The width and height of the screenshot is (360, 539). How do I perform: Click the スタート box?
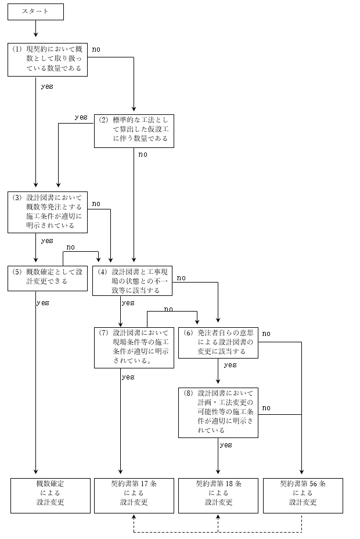(x=35, y=11)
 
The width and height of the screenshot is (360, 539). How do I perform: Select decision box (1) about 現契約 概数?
(x=48, y=59)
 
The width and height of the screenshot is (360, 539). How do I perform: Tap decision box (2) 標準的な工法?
(x=134, y=131)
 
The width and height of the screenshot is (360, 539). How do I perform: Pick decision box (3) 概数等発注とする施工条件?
(x=48, y=212)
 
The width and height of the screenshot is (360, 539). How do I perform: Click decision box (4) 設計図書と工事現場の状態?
(x=134, y=280)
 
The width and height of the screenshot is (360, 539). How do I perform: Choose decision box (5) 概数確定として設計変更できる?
(x=48, y=277)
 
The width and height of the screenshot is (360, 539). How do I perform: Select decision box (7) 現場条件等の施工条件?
(x=134, y=347)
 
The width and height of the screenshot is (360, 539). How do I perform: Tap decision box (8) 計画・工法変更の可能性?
(x=218, y=412)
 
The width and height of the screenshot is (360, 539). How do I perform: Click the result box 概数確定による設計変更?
(x=51, y=495)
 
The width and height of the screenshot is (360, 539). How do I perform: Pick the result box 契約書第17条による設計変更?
(x=134, y=495)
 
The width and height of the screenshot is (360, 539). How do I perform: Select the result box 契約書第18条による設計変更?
(x=218, y=495)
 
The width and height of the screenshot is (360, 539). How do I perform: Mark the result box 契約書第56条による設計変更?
(x=303, y=495)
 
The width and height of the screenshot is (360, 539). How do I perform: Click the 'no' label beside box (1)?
(x=96, y=49)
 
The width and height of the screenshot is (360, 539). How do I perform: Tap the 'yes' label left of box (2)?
(x=81, y=117)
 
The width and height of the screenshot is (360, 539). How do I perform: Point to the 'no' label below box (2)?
(x=142, y=154)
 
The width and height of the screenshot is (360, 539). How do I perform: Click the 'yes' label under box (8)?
(x=226, y=445)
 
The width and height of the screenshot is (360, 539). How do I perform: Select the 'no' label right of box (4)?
(x=181, y=278)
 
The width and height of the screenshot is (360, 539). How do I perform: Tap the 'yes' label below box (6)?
(x=230, y=365)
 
